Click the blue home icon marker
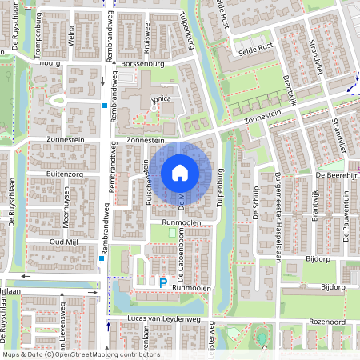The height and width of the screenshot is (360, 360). [x=180, y=173]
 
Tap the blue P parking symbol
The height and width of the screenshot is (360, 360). [x=163, y=282]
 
